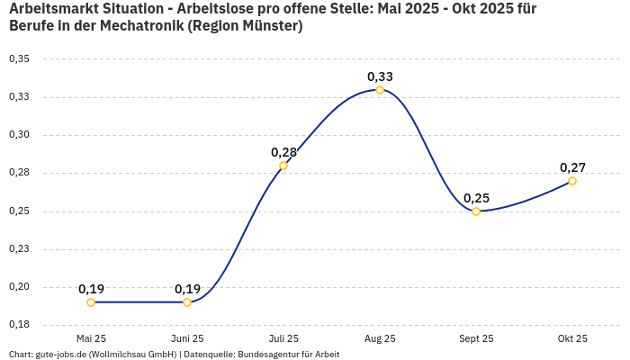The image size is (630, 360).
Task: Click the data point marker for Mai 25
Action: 91,302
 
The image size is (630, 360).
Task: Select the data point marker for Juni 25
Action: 187,302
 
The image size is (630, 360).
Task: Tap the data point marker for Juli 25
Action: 283,166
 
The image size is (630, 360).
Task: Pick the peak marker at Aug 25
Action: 380,90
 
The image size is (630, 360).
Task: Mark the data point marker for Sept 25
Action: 476,211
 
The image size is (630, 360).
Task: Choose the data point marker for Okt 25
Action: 572,181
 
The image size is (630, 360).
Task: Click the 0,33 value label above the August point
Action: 380,76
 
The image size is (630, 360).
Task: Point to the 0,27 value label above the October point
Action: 572,167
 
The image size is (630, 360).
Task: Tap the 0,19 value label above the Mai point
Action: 91,289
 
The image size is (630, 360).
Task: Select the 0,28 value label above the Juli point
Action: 283,152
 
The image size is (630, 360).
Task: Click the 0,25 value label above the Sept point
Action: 476,198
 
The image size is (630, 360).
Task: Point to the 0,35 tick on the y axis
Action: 19,58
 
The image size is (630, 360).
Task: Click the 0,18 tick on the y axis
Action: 19,325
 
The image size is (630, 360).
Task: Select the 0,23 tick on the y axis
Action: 19,249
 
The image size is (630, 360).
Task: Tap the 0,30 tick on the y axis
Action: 19,135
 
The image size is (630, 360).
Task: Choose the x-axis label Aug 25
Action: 380,338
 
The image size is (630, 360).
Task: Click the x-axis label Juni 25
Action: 187,338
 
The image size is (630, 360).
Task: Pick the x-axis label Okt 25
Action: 572,338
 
